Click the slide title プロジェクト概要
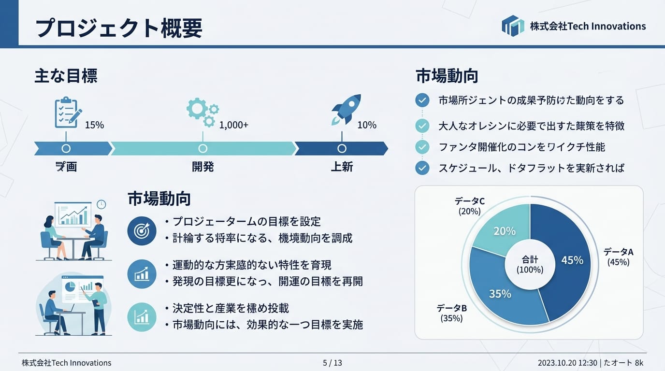pos(119,29)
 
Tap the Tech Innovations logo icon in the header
pos(513,26)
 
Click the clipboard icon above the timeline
pos(67,112)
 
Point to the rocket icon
pos(347,109)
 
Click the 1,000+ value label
pos(234,125)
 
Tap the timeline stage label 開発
pos(202,167)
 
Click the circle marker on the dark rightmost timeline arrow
pos(342,148)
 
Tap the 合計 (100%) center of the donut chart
pos(530,265)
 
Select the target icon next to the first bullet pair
pos(142,230)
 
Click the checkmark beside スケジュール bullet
pos(422,168)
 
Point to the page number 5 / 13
pos(332,363)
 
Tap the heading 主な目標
pos(66,76)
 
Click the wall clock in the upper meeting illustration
pos(101,204)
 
